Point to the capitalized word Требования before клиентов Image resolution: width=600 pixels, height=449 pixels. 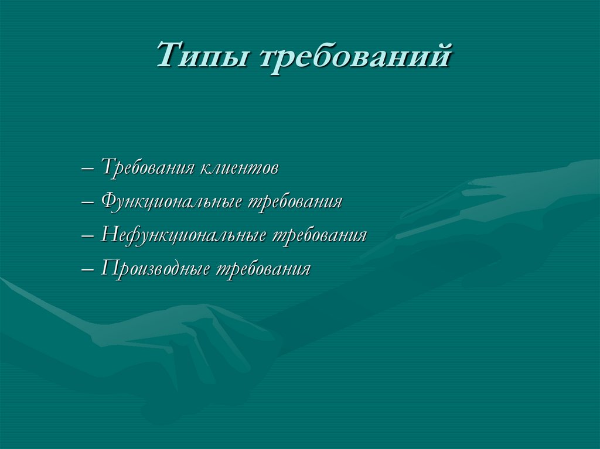[148, 169]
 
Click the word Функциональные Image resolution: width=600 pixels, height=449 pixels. [173, 203]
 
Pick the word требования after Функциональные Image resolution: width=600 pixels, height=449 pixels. [296, 203]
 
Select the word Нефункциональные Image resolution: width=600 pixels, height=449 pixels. [185, 235]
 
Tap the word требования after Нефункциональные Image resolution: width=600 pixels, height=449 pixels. [321, 235]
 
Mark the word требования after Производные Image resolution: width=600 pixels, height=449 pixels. [264, 269]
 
